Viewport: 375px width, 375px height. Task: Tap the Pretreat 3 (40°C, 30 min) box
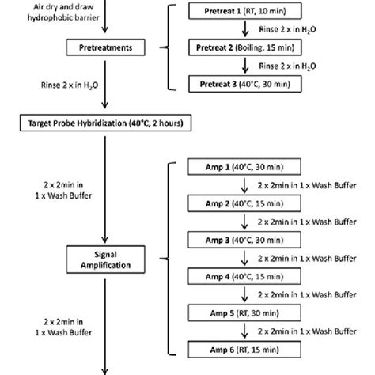[x=240, y=82]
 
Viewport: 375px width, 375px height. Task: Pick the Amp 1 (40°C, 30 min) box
[x=235, y=168]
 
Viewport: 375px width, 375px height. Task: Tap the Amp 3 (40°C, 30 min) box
[x=235, y=240]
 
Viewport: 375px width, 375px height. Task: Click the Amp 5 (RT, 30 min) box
[x=235, y=312]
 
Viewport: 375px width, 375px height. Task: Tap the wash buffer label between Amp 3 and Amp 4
[x=293, y=258]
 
